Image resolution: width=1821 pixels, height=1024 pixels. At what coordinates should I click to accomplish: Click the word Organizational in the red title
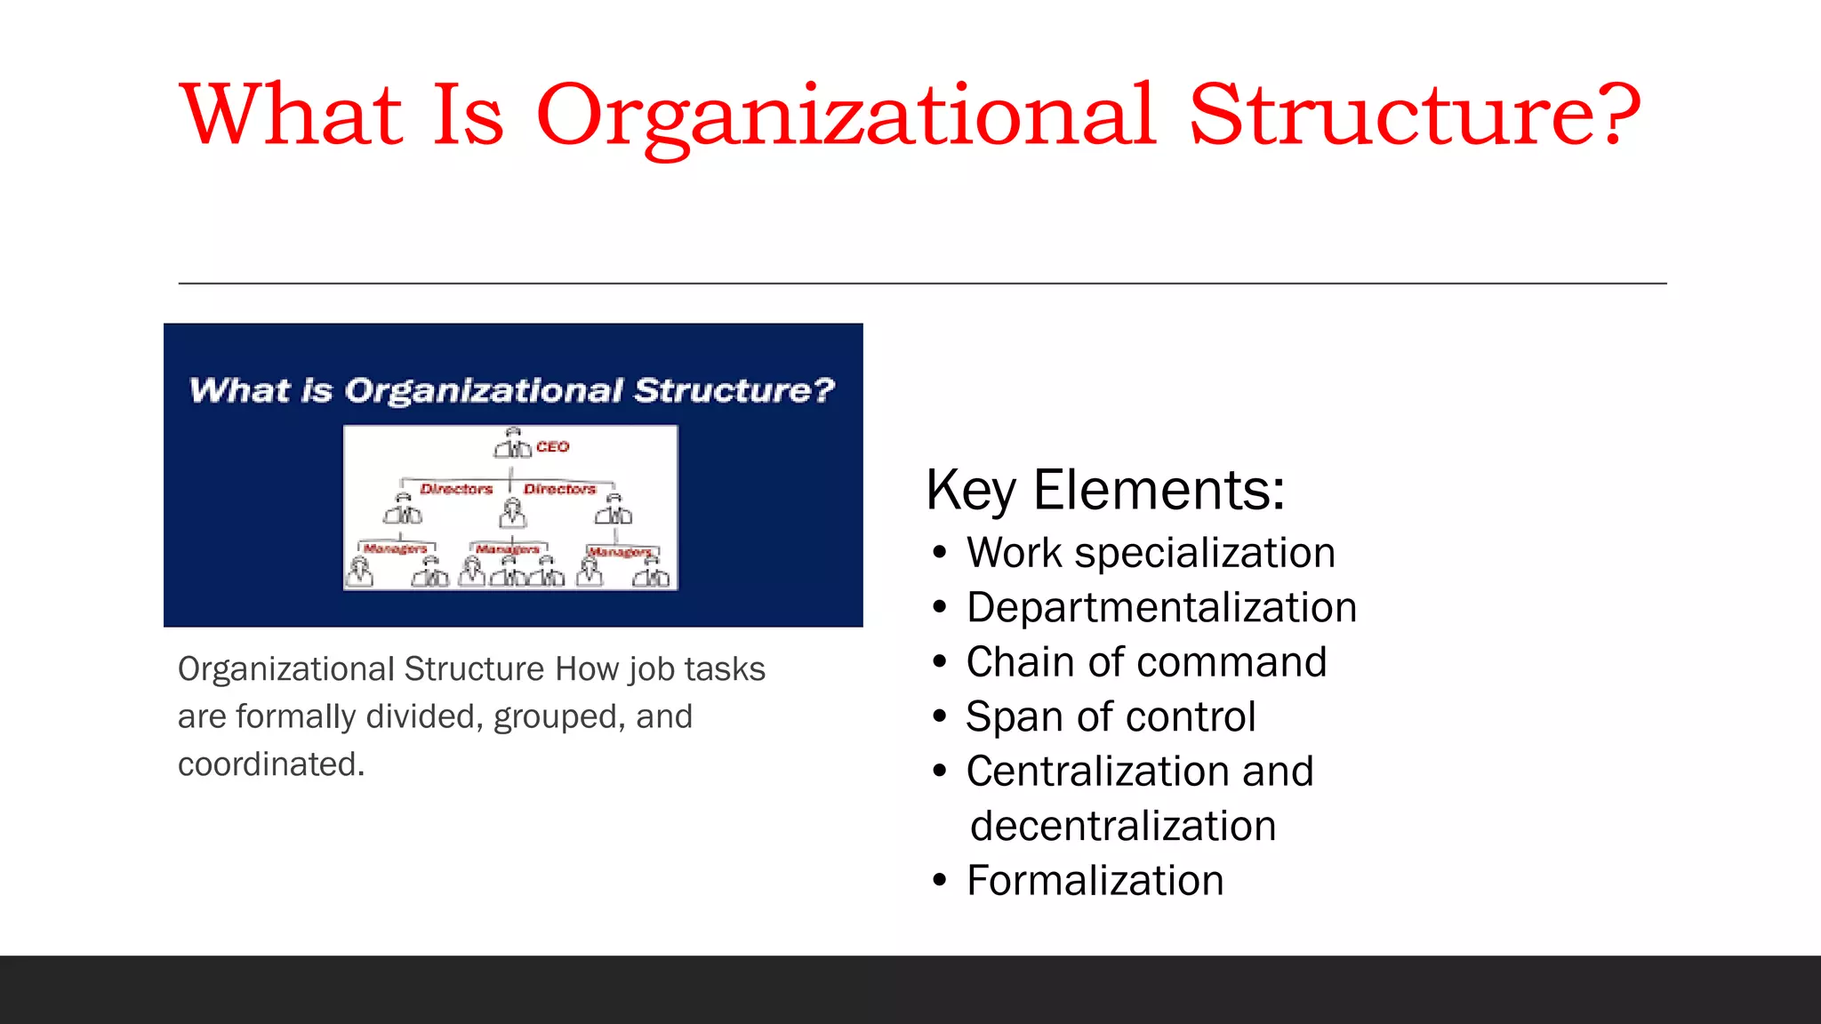845,116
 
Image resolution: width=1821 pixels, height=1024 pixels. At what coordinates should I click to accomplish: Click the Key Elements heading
1105,490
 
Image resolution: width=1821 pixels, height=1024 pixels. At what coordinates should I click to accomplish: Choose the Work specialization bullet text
1151,553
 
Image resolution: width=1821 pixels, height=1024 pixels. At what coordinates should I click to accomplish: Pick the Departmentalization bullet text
1161,608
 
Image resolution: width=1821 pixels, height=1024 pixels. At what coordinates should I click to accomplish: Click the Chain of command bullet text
1146,662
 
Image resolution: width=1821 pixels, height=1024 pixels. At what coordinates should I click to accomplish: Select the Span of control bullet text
1111,716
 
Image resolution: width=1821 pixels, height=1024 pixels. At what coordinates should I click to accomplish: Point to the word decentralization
1123,826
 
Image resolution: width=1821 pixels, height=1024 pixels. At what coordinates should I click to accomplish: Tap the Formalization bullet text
1095,881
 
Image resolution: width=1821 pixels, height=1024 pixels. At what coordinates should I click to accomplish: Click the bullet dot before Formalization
940,881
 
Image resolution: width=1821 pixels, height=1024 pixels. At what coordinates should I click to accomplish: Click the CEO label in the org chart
552,447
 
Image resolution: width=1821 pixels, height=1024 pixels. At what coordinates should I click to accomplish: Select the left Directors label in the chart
456,489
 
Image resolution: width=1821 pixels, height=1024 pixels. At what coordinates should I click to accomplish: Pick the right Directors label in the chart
559,489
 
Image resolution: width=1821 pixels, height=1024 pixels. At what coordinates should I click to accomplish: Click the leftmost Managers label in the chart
395,548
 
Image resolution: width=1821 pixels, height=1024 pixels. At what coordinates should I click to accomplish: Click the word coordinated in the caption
271,764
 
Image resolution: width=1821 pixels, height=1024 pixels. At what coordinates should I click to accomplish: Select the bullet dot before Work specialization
940,553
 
